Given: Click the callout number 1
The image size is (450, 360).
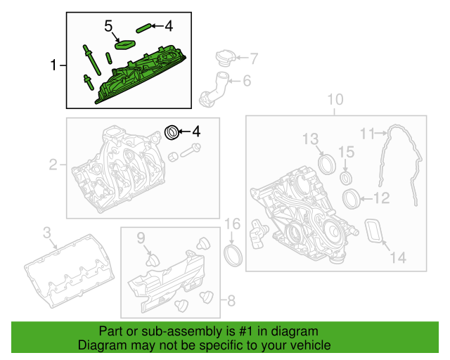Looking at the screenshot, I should (x=54, y=66).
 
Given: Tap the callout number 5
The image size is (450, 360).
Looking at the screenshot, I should (x=108, y=26).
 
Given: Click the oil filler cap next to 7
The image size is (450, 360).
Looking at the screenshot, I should (x=224, y=58).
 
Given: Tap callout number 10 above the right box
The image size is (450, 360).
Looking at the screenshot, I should (x=335, y=99).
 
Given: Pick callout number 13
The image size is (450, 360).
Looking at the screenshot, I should (x=311, y=139).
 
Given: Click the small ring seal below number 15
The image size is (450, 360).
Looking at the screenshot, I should (x=346, y=176).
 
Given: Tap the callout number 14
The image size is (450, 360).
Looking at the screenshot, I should (x=397, y=257).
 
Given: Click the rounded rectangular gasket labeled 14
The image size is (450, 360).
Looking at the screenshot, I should (x=372, y=233).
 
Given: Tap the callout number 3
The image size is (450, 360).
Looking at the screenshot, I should (x=46, y=232).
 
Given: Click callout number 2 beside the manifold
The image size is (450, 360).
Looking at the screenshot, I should (x=53, y=166).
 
